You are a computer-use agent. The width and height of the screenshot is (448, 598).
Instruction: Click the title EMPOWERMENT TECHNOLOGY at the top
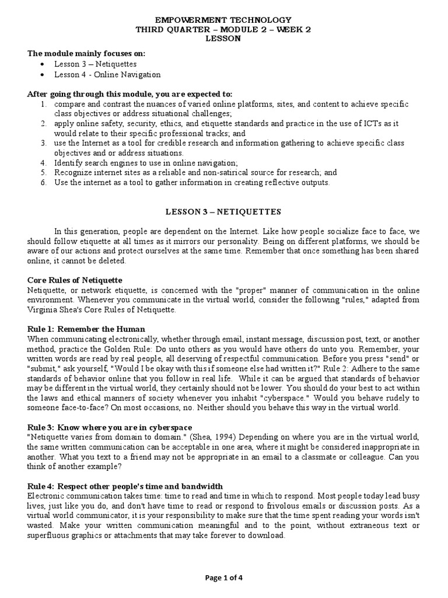click(224, 20)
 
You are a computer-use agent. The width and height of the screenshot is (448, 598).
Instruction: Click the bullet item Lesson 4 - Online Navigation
click(107, 75)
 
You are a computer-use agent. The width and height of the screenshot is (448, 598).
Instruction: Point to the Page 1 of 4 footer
click(224, 578)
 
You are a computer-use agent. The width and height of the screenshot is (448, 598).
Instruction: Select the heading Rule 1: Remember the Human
click(86, 329)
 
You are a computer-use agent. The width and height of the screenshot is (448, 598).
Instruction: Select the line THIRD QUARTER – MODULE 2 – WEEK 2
click(224, 30)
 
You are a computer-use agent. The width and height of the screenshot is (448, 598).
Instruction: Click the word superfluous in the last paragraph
click(49, 536)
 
